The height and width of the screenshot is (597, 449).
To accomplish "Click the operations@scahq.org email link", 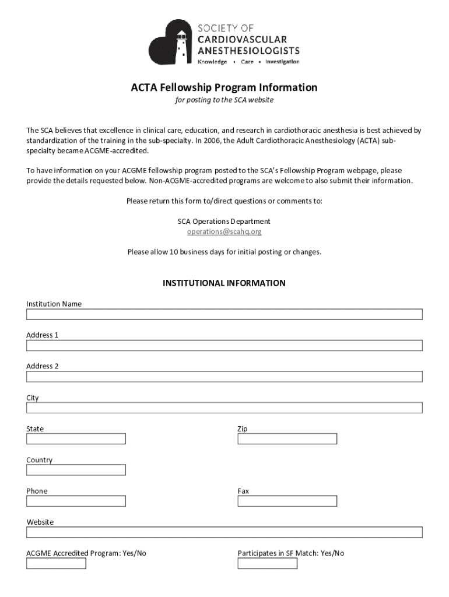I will pyautogui.click(x=224, y=231).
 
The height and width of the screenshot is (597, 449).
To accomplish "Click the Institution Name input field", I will pyautogui.click(x=224, y=314).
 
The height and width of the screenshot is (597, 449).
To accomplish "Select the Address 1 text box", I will pyautogui.click(x=224, y=346).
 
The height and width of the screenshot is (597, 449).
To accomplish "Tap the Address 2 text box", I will pyautogui.click(x=224, y=377).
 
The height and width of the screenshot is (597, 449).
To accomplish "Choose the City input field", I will pyautogui.click(x=224, y=408).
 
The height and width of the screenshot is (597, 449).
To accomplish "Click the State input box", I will pyautogui.click(x=76, y=438).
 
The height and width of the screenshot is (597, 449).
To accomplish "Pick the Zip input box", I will pyautogui.click(x=287, y=438).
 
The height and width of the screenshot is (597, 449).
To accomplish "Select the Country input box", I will pyautogui.click(x=76, y=470).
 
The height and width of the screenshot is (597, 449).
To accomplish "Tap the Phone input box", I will pyautogui.click(x=76, y=501).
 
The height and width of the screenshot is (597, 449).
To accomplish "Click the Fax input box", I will pyautogui.click(x=287, y=501).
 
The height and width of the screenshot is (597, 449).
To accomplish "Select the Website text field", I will pyautogui.click(x=224, y=532).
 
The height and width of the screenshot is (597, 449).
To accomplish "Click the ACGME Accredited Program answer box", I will pyautogui.click(x=56, y=563).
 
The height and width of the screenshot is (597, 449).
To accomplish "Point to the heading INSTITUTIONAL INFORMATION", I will pyautogui.click(x=224, y=283).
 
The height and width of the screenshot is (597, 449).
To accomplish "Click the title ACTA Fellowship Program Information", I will pyautogui.click(x=224, y=87).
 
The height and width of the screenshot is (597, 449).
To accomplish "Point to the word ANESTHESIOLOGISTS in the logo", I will pyautogui.click(x=249, y=50).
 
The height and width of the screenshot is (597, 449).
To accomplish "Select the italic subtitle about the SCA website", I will pyautogui.click(x=224, y=100).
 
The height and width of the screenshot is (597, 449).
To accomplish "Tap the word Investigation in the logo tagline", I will pyautogui.click(x=282, y=62).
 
